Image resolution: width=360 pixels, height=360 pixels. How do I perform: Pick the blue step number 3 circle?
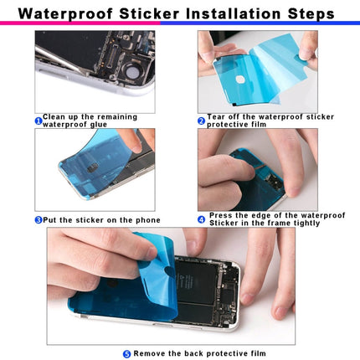(39, 220)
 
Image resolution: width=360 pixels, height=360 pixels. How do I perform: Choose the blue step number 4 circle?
(202, 220)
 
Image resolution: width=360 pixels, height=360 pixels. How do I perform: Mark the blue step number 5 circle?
(126, 354)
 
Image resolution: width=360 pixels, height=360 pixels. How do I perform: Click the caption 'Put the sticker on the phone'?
(101, 220)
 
